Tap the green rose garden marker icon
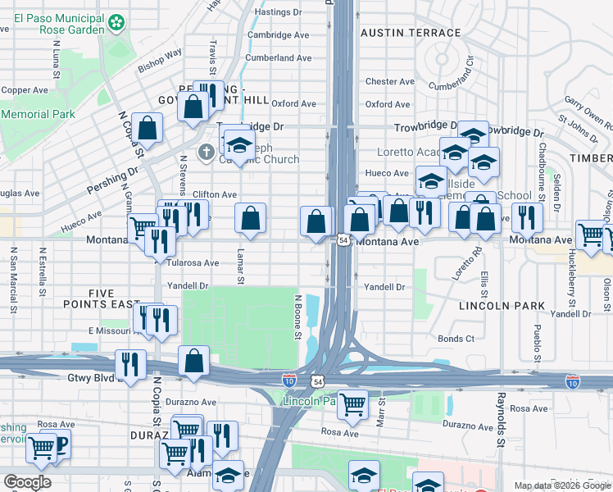point(119,20)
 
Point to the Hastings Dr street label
point(280,12)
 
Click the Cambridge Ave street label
point(279,35)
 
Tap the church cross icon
point(206,151)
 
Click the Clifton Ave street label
point(215,194)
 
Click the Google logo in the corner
point(26,482)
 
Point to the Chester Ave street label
point(387,82)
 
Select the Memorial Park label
point(38,115)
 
